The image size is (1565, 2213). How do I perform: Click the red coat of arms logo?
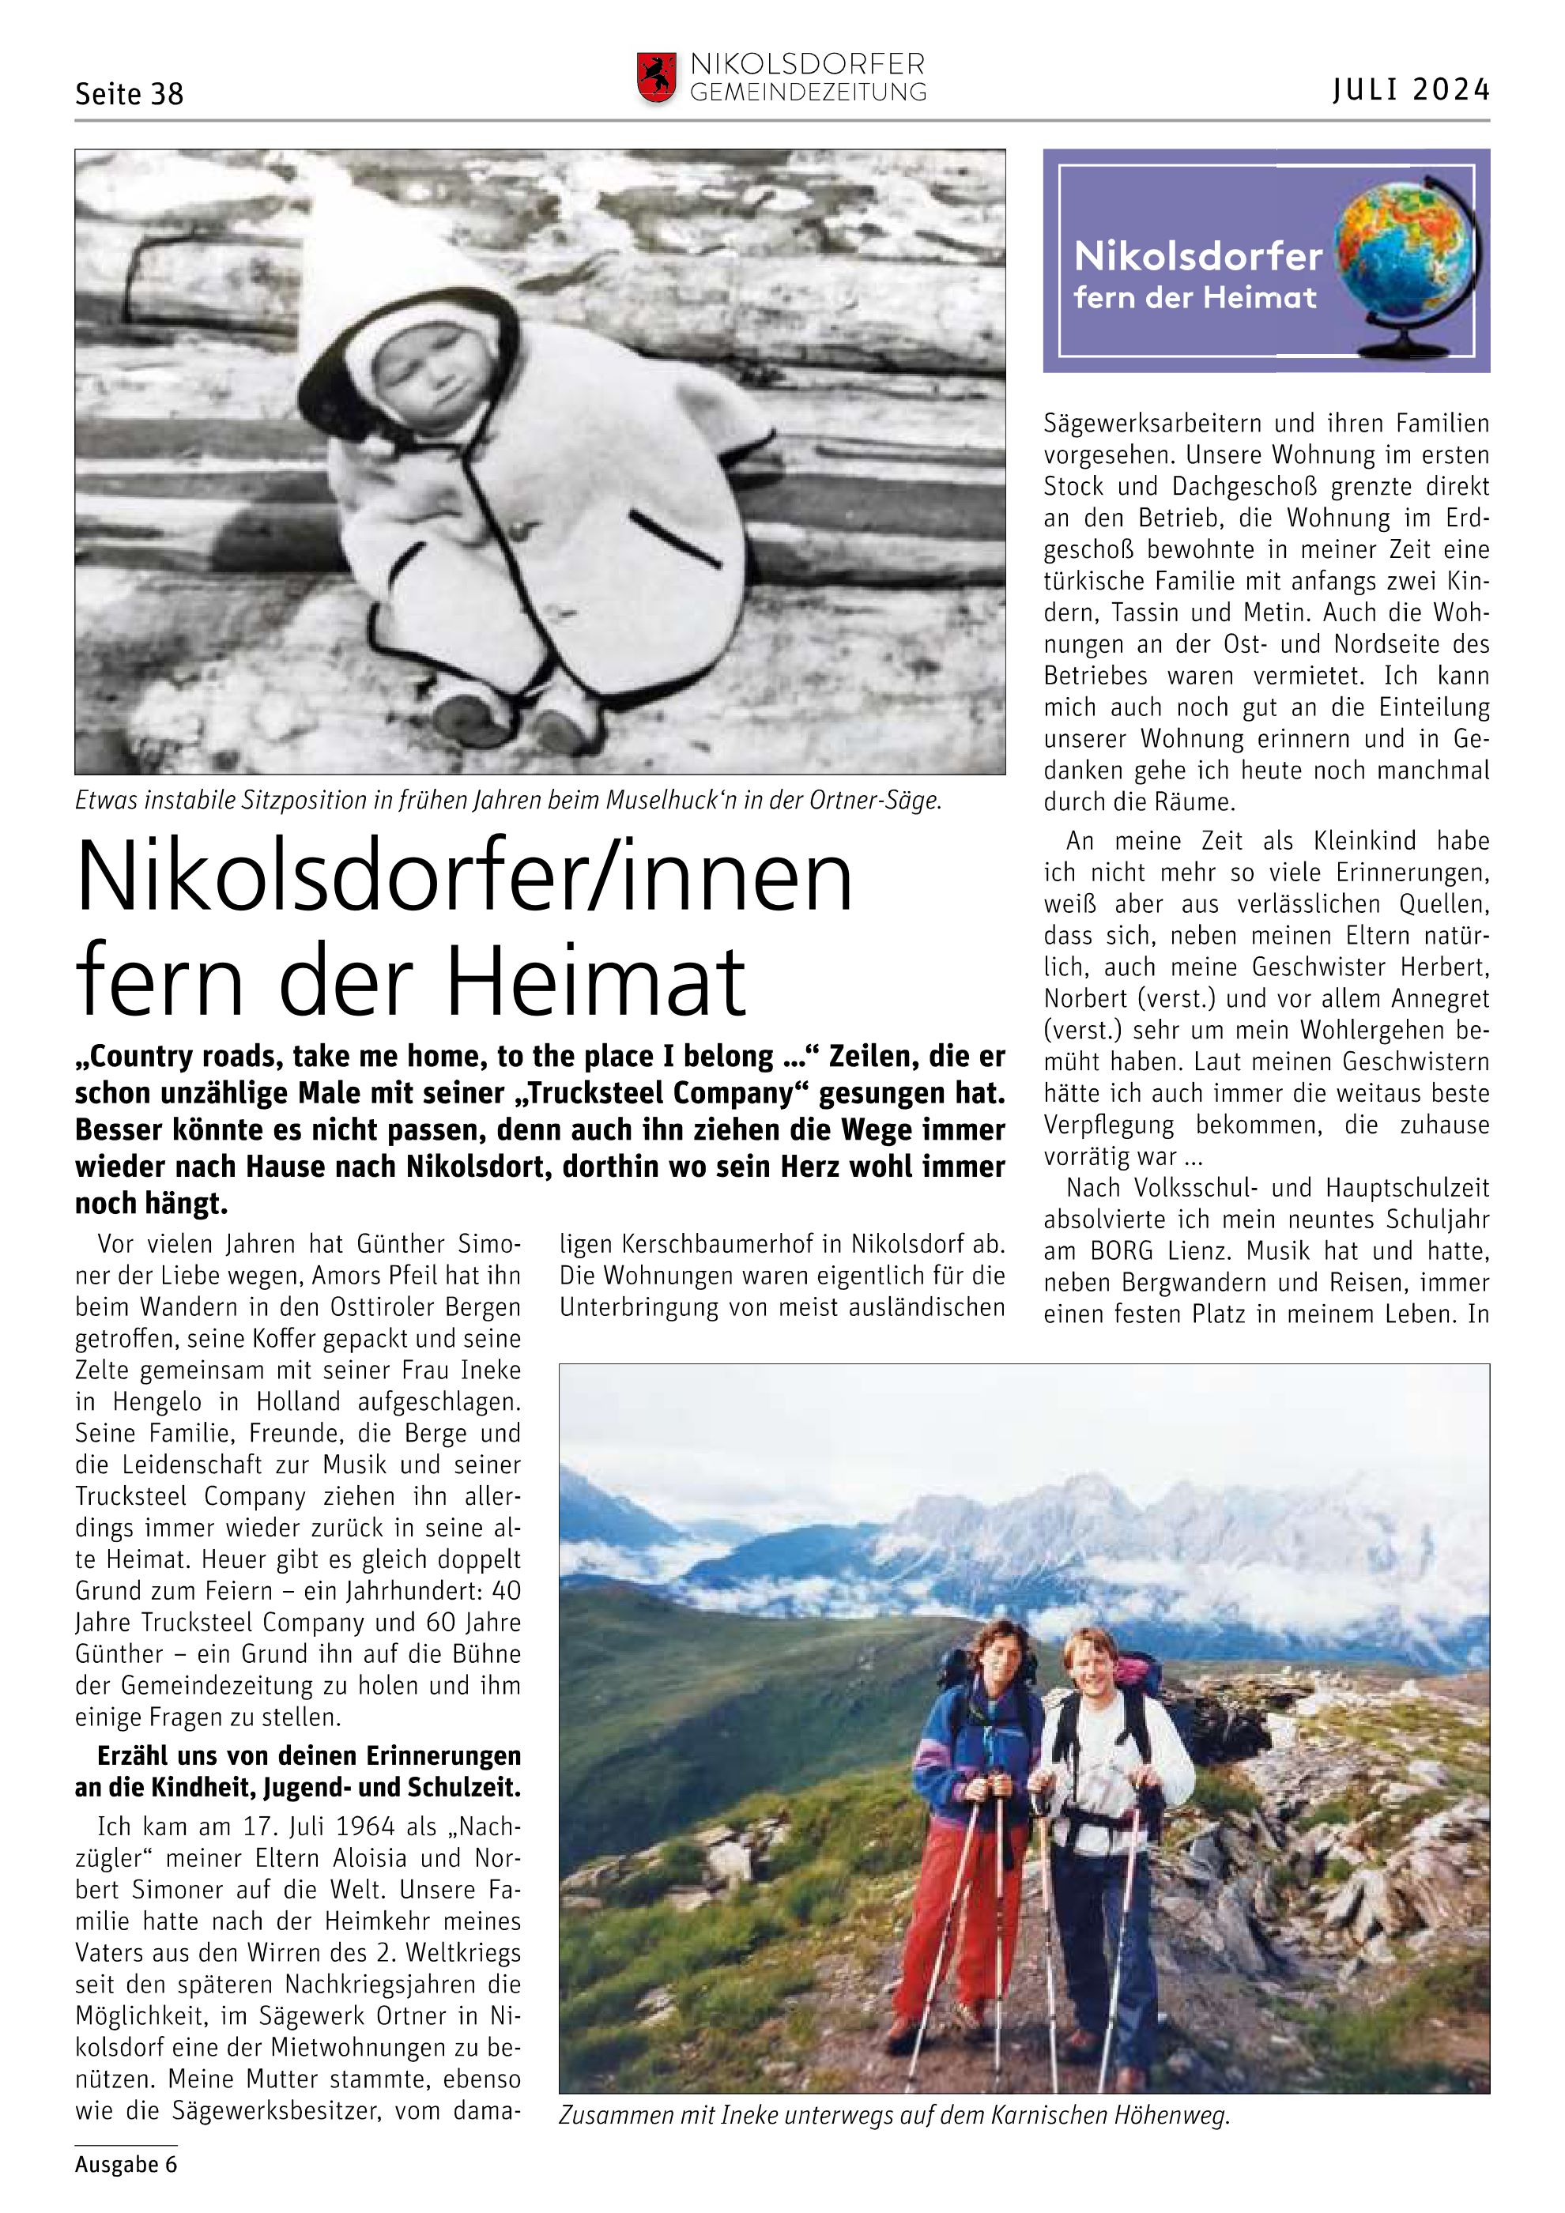coord(655,78)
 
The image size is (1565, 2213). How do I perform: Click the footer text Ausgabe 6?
coord(126,2164)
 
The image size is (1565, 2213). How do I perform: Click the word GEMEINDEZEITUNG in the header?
coord(808,93)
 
